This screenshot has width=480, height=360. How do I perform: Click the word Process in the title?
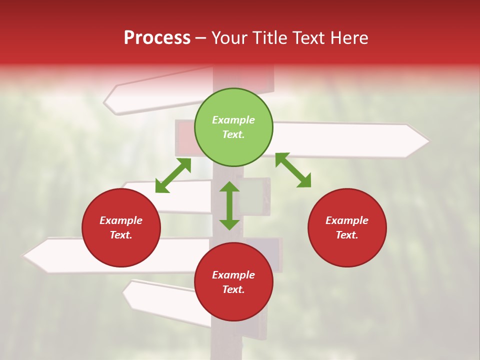tap(157, 38)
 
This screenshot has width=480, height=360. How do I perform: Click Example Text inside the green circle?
tap(233, 127)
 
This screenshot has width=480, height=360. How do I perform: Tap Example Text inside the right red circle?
tap(347, 227)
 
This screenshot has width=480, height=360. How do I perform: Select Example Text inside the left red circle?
tap(121, 227)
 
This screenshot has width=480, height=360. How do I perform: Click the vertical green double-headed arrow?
tap(229, 205)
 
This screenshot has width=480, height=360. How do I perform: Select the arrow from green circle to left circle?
tap(173, 175)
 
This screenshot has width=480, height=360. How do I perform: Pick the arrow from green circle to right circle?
tap(293, 170)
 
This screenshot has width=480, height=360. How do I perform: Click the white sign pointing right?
tap(350, 140)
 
